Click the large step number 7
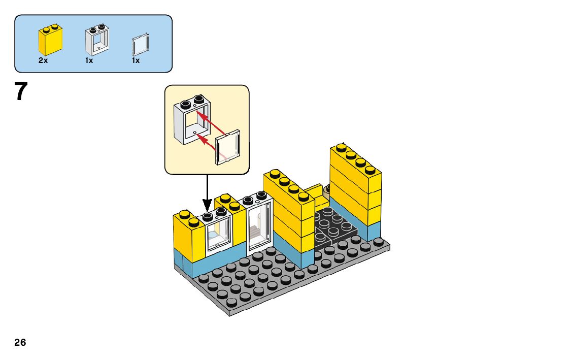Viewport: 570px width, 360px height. pyautogui.click(x=20, y=92)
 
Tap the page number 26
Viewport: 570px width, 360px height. pyautogui.click(x=20, y=343)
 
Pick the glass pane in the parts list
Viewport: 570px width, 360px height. pyautogui.click(x=140, y=45)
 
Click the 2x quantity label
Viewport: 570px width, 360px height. pyautogui.click(x=43, y=60)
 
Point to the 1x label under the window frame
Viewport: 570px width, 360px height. pyautogui.click(x=89, y=60)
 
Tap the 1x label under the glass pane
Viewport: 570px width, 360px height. pyautogui.click(x=136, y=60)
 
